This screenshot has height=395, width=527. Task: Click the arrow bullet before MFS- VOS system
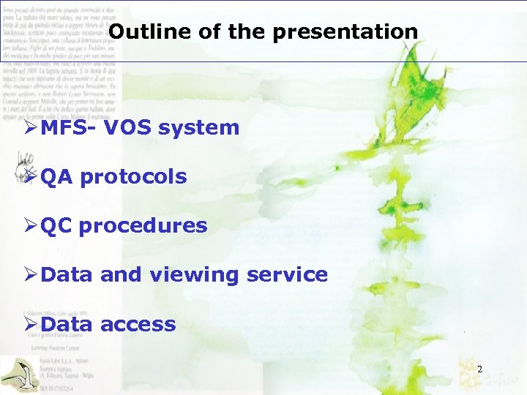[31, 128]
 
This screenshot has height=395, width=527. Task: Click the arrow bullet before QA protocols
[31, 177]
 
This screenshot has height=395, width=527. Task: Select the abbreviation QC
[57, 226]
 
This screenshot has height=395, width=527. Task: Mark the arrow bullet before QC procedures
[31, 226]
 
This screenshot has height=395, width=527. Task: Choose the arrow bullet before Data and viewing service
[31, 275]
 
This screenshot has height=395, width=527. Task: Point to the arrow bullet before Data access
[31, 324]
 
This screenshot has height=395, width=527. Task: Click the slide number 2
[479, 370]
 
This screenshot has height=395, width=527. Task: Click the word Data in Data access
[67, 324]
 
